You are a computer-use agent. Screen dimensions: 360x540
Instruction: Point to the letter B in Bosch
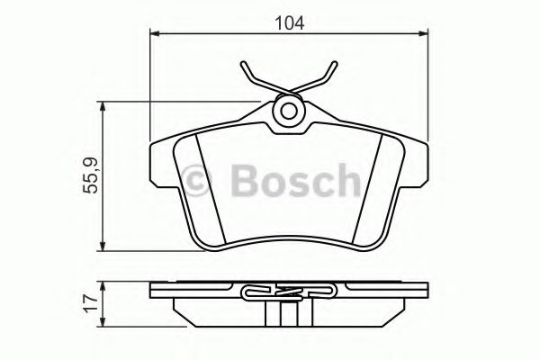pos(243,181)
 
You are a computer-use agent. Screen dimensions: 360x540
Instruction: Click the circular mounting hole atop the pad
pos(289,112)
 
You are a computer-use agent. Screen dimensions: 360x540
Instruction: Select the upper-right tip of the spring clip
pos(335,65)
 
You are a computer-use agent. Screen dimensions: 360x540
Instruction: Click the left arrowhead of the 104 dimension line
pos(154,34)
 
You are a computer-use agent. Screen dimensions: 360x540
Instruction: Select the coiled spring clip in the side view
pos(288,292)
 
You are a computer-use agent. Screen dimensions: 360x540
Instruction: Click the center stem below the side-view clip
pos(288,313)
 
